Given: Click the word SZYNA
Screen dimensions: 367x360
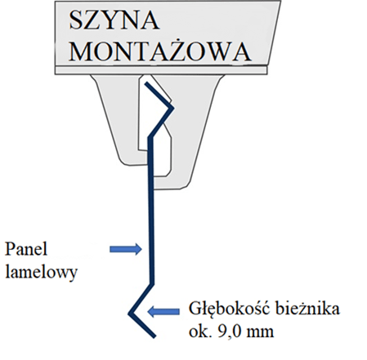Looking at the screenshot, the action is click(x=114, y=20).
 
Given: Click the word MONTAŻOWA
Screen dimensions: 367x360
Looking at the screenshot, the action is click(x=160, y=51).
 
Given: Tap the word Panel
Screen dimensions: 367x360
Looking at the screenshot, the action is click(x=26, y=249).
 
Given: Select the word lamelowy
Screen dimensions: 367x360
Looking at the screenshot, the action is click(x=42, y=272).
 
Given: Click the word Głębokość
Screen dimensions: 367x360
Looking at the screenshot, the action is click(x=230, y=309).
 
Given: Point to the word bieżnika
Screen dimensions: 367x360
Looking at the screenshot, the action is click(x=307, y=309).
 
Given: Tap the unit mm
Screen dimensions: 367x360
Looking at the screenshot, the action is click(x=260, y=333).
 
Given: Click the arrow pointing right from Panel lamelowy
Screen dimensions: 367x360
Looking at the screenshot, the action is click(x=126, y=249).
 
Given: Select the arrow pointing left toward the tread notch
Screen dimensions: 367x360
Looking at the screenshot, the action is click(x=163, y=311).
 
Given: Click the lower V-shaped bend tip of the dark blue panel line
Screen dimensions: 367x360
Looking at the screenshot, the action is click(x=130, y=313).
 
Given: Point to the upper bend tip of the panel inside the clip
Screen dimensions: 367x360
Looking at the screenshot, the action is click(x=172, y=108).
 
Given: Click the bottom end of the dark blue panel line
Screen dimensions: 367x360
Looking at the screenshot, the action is click(x=154, y=336).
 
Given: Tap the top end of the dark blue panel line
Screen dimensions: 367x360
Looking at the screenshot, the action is click(x=146, y=83).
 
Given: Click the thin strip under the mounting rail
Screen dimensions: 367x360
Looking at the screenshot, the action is click(x=161, y=70).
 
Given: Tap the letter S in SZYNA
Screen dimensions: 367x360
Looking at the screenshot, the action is click(x=76, y=20).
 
